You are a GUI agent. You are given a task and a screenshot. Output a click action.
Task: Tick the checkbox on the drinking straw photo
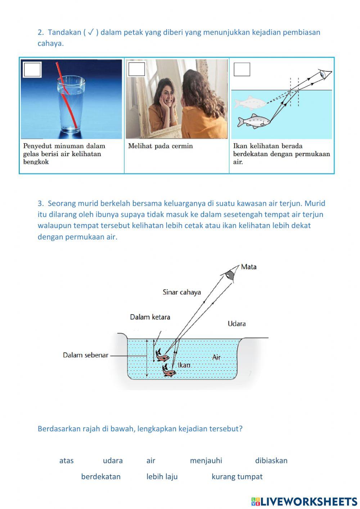(32, 70)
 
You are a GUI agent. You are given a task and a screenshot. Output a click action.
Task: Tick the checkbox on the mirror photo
(136, 69)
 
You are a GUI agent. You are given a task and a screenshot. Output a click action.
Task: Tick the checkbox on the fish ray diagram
(242, 69)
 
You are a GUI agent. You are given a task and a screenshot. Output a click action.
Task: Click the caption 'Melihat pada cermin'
(161, 146)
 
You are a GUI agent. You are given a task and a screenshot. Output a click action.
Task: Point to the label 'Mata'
(249, 267)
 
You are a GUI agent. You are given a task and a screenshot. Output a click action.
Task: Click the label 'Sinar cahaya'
(181, 292)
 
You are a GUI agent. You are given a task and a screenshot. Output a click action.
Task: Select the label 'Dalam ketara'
(150, 317)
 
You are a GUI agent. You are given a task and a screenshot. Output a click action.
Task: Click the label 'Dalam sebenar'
(85, 355)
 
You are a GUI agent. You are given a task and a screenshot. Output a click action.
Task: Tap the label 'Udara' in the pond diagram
(237, 324)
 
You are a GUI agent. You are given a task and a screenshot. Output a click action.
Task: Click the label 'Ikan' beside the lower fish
(184, 365)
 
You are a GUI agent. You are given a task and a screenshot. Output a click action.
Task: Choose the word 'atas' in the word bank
(66, 461)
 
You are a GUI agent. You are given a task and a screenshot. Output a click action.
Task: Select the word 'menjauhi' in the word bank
(206, 461)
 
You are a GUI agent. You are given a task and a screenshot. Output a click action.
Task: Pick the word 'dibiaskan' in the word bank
(271, 461)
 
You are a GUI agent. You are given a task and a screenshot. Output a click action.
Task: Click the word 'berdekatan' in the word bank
(101, 477)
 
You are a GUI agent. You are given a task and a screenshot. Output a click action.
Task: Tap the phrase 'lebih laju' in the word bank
(162, 477)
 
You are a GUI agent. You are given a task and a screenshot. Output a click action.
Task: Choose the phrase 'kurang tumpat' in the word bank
(237, 477)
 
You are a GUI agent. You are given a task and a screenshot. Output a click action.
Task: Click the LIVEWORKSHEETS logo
(304, 501)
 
